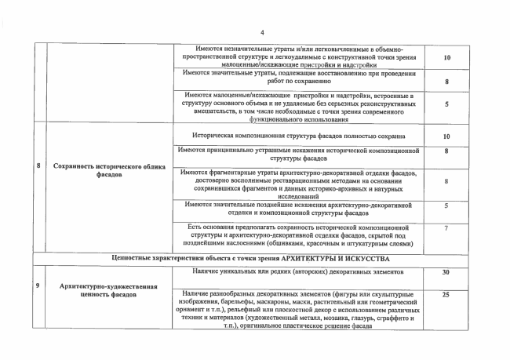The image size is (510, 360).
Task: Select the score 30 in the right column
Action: [x=445, y=272]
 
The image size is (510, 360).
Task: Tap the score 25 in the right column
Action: [x=445, y=295]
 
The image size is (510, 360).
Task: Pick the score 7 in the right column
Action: [x=445, y=227]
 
